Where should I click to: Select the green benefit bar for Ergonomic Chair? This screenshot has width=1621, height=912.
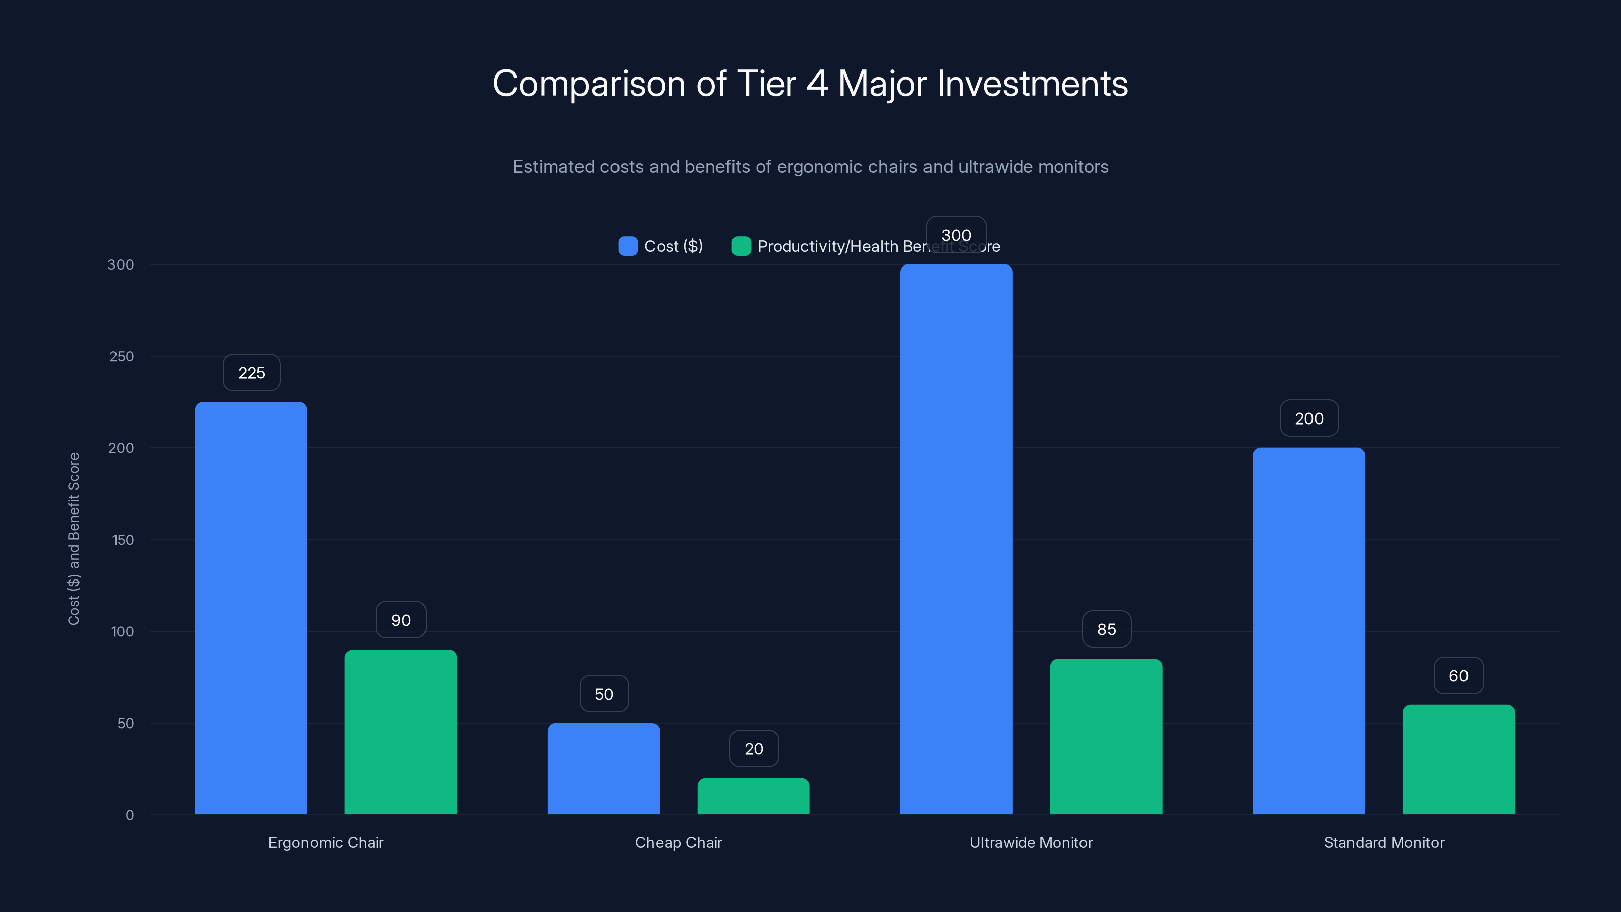point(400,731)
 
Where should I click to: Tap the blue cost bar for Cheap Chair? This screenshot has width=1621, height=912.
point(603,768)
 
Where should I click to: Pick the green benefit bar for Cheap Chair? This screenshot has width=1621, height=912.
point(753,795)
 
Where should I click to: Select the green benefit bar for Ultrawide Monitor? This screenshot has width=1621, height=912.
point(1106,736)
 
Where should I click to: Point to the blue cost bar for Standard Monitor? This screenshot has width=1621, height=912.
point(1308,631)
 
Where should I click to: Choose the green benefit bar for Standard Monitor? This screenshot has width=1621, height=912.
point(1458,759)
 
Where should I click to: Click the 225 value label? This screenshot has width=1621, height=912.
point(251,372)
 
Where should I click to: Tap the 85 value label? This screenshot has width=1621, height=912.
point(1106,629)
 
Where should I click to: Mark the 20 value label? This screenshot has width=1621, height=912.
point(753,748)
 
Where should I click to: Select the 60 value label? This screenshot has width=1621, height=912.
point(1458,675)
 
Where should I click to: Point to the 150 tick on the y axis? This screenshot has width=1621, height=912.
point(122,540)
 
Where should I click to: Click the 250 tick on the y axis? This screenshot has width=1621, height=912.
point(121,356)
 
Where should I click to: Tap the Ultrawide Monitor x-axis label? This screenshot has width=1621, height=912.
point(1030,842)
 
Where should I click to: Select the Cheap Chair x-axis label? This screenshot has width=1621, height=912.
point(678,842)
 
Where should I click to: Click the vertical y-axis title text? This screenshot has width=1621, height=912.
point(73,539)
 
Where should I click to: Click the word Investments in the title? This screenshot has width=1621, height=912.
point(1032,83)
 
